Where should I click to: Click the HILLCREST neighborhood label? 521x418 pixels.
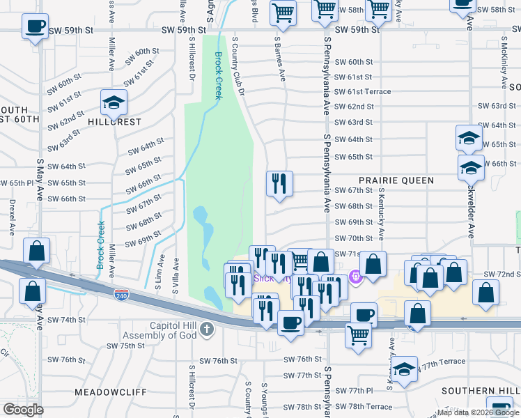click(114, 121)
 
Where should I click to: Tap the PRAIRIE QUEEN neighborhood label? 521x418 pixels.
click(397, 180)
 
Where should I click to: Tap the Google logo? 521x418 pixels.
click(23, 410)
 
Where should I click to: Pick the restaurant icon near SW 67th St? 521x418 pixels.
click(279, 183)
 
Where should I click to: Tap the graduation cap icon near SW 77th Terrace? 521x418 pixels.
click(404, 369)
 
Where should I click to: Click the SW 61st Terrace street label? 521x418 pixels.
click(361, 92)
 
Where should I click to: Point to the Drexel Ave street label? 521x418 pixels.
click(13, 218)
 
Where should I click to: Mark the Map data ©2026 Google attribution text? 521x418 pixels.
click(478, 412)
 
